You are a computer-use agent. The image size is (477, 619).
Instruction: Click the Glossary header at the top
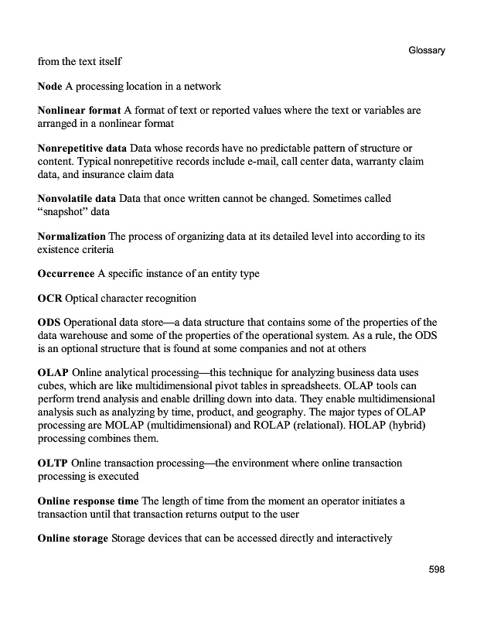[x=426, y=50]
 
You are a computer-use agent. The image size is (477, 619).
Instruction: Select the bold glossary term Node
[x=50, y=86]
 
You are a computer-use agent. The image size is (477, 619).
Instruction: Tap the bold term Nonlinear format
[x=78, y=111]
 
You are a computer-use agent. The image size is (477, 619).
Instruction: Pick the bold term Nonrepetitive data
[x=82, y=148]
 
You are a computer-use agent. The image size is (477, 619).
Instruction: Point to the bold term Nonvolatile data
[x=77, y=198]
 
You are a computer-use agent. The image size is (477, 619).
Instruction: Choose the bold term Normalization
[x=71, y=236]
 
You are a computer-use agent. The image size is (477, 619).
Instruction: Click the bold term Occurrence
[x=66, y=274]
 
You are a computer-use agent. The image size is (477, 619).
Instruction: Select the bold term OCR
[x=50, y=298]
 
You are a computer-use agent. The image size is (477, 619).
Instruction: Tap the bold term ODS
[x=49, y=323]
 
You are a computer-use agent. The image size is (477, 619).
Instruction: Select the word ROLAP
[x=267, y=426]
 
